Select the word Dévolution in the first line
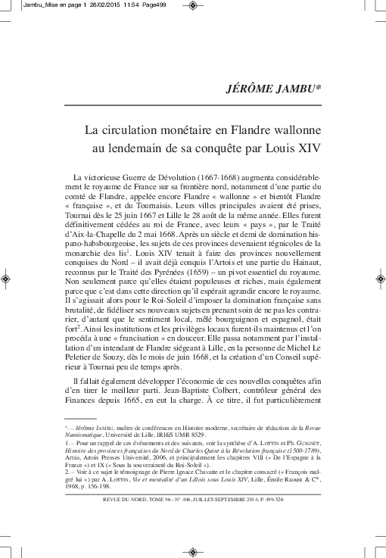tap(166, 176)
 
